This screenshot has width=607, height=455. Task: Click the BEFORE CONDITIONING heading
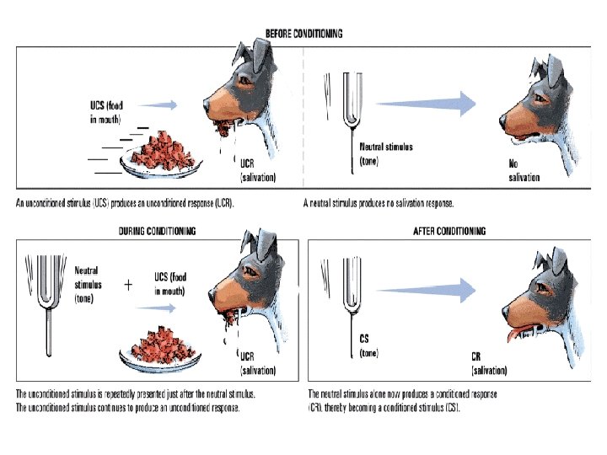303,34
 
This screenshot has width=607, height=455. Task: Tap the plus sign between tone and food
128,285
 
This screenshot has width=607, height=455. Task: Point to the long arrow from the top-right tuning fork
426,104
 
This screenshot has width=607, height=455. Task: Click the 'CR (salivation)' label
489,363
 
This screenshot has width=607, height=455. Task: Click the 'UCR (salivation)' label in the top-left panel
258,171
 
